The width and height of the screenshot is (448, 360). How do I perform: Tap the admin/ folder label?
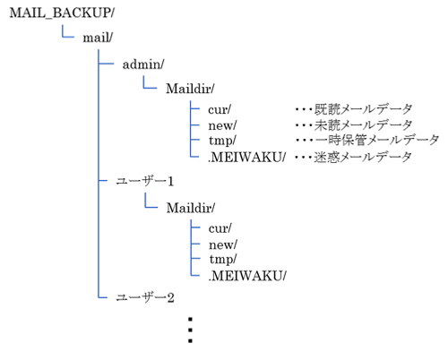[144, 64]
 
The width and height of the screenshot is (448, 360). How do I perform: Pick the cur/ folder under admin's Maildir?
[220, 109]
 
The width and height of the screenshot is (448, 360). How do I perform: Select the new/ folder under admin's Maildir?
[221, 124]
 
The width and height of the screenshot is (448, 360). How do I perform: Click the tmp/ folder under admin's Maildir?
[221, 141]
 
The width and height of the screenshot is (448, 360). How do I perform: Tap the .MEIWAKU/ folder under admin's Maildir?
[246, 157]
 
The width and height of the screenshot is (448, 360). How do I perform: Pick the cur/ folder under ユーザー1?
[220, 228]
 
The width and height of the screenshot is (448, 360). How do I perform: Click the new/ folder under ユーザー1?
[221, 244]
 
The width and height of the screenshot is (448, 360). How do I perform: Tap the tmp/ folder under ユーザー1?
[221, 259]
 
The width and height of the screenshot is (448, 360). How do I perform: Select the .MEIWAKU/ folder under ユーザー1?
[246, 275]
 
